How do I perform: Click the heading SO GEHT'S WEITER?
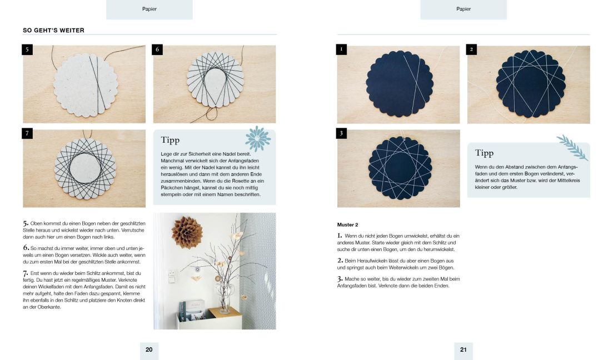tap(53, 30)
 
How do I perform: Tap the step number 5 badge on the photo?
tap(27, 49)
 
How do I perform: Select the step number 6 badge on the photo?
tap(157, 49)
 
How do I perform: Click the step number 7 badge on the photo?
tap(27, 133)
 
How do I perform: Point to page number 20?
tap(149, 350)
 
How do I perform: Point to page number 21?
tap(464, 350)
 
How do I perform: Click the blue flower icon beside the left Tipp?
tap(258, 139)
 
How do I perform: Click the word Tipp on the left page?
tap(170, 140)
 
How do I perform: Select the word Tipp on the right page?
tap(485, 153)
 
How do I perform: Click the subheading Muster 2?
tap(347, 225)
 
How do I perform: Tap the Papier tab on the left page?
tap(149, 9)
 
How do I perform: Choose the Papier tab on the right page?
tap(464, 9)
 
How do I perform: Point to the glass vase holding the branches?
tap(225, 297)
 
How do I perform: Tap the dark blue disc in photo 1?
tap(399, 84)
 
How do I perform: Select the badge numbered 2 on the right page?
tap(471, 49)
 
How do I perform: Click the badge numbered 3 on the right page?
tap(341, 133)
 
